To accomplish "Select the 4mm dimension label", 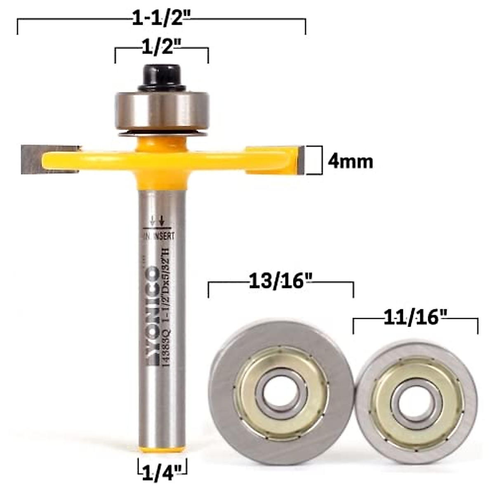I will pyautogui.click(x=350, y=161).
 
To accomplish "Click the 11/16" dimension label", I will pyautogui.click(x=415, y=318).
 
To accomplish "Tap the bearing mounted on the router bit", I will pyautogui.click(x=162, y=108).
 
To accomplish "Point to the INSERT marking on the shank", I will pyautogui.click(x=164, y=236).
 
